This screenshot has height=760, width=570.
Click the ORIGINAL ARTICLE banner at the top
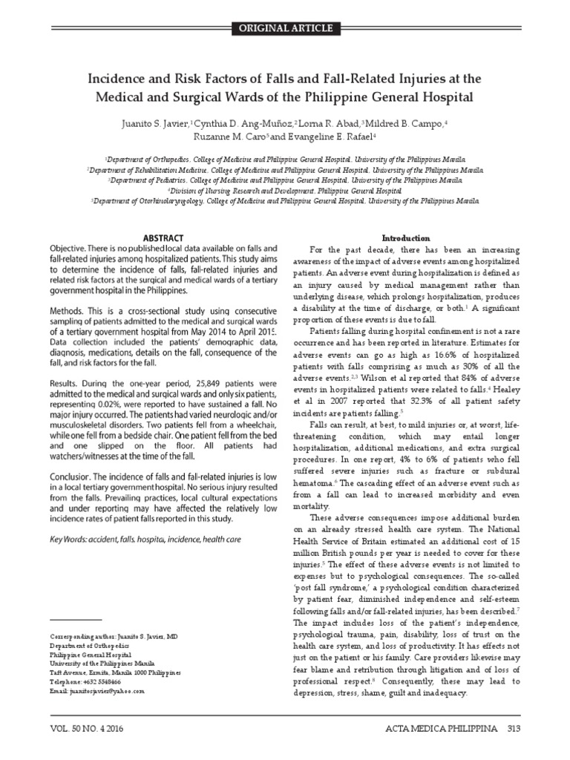(285, 29)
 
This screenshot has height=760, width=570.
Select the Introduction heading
(405, 237)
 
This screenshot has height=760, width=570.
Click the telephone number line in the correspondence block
(85, 681)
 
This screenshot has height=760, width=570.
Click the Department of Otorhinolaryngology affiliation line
(285, 200)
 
